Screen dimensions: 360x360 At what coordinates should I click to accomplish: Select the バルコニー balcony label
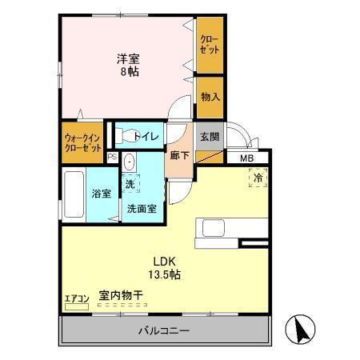point(163,330)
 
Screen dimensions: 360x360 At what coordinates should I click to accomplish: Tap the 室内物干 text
point(120,296)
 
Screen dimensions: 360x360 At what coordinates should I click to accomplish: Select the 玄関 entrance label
point(209,136)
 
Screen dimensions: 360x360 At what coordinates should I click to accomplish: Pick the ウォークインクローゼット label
point(83,142)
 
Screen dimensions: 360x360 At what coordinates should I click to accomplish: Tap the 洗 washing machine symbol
point(130,184)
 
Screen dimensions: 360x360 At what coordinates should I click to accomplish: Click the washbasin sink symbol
point(130,162)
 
